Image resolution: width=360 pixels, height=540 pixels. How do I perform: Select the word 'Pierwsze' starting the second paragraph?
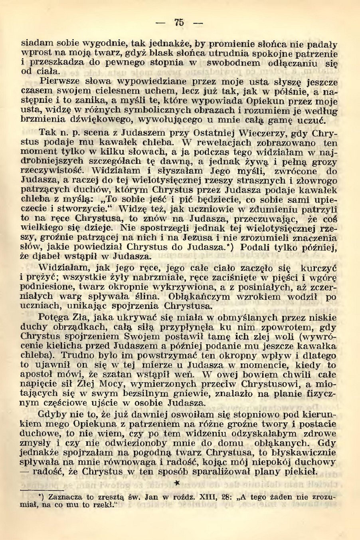click(x=58, y=82)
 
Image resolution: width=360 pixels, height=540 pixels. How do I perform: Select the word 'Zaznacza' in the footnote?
click(x=62, y=498)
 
